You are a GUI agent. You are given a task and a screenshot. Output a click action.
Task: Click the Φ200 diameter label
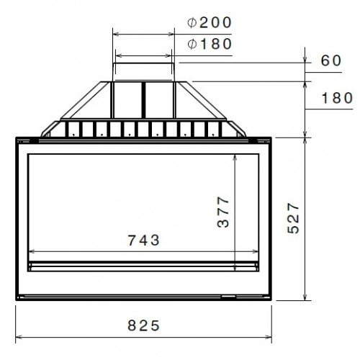click(210, 23)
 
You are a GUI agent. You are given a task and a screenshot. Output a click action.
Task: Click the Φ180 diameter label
click(210, 44)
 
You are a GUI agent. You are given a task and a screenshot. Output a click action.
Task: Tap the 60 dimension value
click(331, 60)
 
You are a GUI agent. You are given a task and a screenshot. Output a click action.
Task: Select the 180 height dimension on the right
click(337, 98)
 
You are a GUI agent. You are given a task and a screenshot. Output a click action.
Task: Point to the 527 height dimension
click(294, 218)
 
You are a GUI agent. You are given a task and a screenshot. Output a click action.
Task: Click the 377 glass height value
click(223, 212)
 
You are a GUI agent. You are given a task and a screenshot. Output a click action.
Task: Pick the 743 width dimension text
click(143, 240)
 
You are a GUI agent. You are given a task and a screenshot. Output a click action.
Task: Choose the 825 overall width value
click(143, 325)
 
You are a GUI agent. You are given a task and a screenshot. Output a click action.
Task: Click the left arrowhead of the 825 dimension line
click(19, 337)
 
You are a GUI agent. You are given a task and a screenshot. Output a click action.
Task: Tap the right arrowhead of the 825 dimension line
click(269, 337)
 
